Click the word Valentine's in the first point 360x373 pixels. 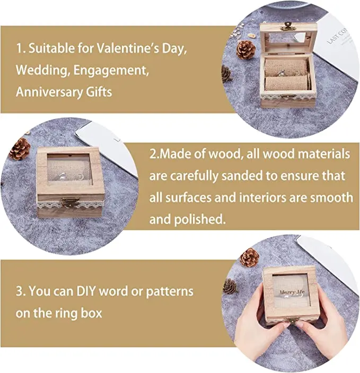tap(126, 49)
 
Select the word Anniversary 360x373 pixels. tap(47, 91)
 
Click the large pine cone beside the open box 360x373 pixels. tap(245, 50)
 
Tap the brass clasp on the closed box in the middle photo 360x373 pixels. tap(68, 202)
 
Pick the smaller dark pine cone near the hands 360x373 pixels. tap(229, 287)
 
